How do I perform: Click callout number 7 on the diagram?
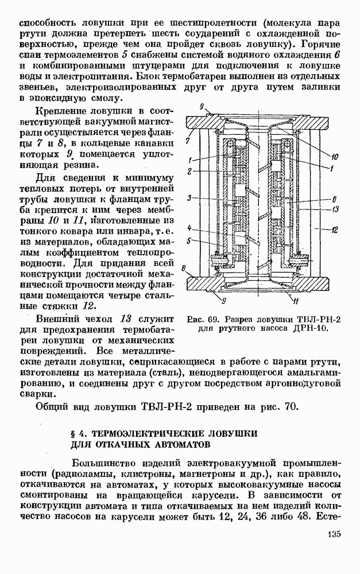188,139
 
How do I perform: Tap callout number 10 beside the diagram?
335,155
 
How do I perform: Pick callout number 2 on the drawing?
188,172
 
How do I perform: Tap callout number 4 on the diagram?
188,227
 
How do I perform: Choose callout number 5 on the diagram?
188,241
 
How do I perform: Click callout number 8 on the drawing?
184,268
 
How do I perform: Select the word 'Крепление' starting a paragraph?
61,110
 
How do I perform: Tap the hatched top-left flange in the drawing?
204,123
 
